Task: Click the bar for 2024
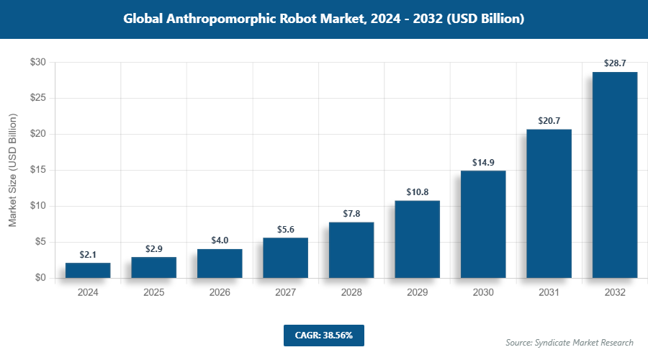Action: click(88, 270)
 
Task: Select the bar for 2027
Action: click(285, 258)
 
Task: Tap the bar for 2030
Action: click(483, 224)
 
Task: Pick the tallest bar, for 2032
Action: click(614, 175)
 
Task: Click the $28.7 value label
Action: click(614, 64)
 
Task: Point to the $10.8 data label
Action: click(417, 192)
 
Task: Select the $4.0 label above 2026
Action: click(220, 240)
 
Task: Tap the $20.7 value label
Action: click(549, 121)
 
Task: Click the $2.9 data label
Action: click(153, 248)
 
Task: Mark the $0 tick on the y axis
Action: click(40, 278)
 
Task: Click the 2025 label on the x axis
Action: click(153, 293)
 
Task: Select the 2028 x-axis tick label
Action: click(351, 293)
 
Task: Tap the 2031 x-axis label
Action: click(549, 293)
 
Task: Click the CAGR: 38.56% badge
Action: click(323, 336)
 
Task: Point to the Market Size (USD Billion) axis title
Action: click(12, 170)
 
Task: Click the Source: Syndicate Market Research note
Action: click(570, 343)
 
